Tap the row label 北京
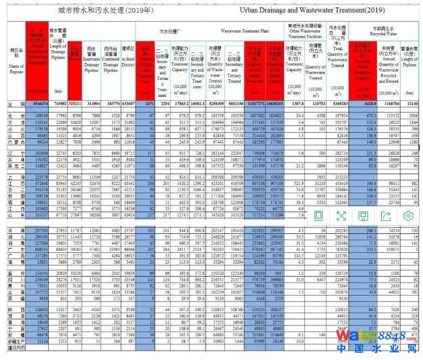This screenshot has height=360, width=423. point(12,115)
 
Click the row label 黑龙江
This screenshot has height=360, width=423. point(12,165)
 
